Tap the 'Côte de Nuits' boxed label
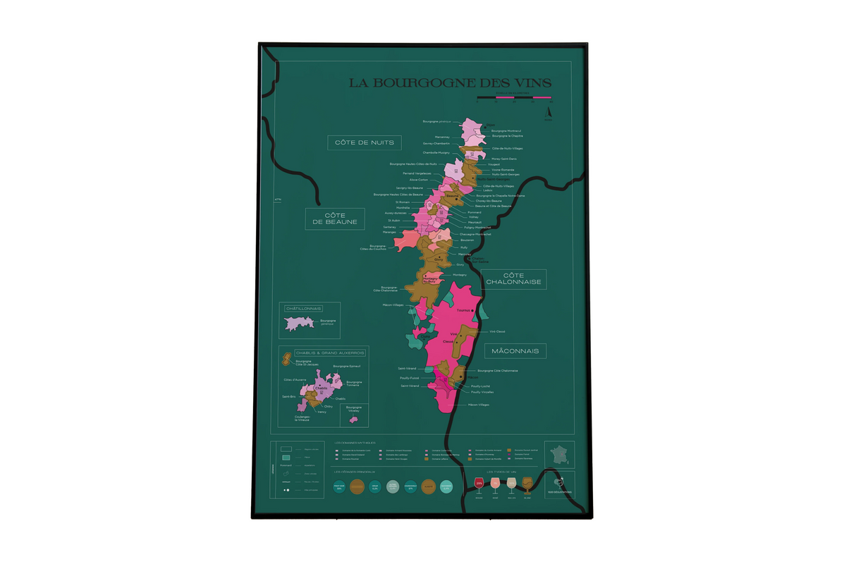tap(365, 142)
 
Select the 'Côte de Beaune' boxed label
tap(335, 219)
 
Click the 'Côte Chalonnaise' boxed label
tap(516, 278)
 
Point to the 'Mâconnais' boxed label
tap(516, 350)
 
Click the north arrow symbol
tap(549, 111)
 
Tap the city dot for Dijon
tap(476, 128)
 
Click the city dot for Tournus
tap(472, 310)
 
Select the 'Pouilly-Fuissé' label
tap(410, 377)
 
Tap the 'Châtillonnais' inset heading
tap(303, 309)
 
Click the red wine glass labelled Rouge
tap(479, 484)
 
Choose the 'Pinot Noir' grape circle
tap(340, 486)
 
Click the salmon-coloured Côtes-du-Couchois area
tap(407, 240)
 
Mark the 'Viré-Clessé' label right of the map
tap(497, 331)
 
